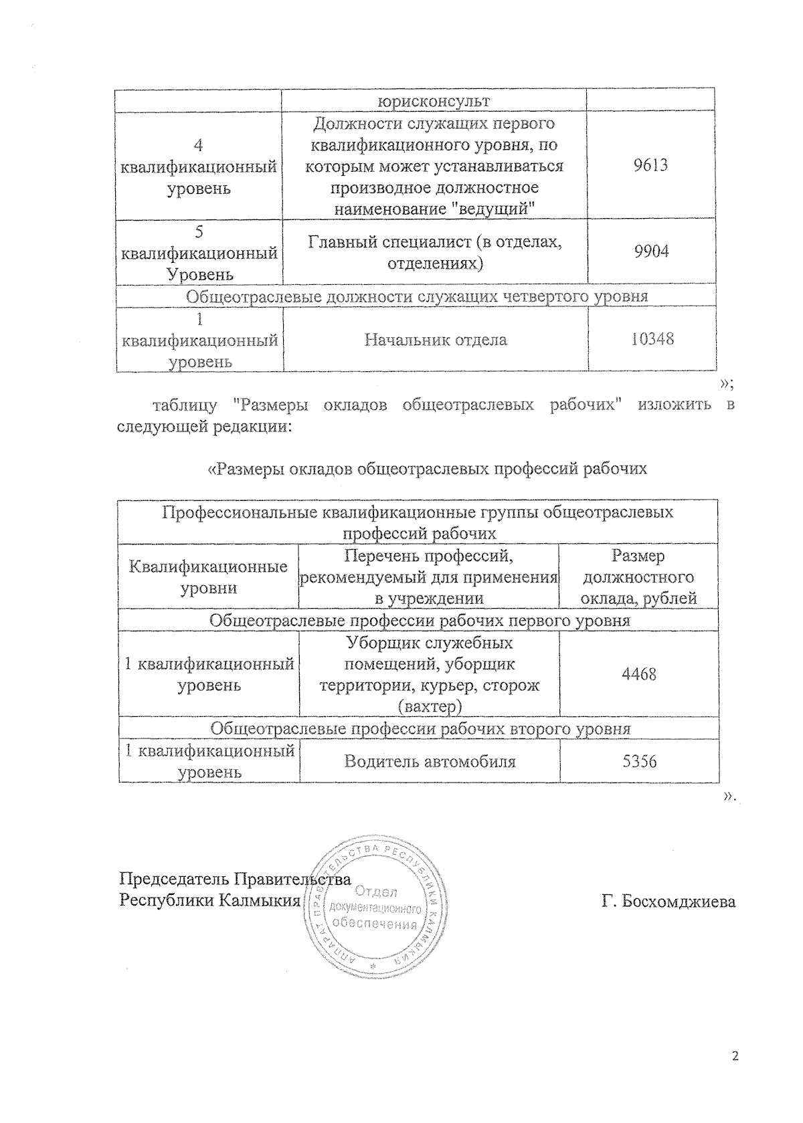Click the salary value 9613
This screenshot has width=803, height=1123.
pyautogui.click(x=650, y=165)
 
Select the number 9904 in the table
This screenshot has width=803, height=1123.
pyautogui.click(x=650, y=252)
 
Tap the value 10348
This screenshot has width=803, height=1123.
pyautogui.click(x=652, y=339)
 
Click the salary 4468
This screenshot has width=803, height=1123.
pyautogui.click(x=638, y=674)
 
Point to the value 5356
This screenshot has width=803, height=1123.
pyautogui.click(x=638, y=761)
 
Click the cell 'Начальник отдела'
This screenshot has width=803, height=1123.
pyautogui.click(x=435, y=340)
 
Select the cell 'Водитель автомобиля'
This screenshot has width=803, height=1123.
pyautogui.click(x=430, y=761)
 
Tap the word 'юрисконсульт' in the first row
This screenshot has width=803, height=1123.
pyautogui.click(x=434, y=101)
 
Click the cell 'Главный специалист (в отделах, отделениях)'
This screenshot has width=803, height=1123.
pyautogui.click(x=435, y=252)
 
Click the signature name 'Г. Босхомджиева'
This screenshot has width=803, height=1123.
pyautogui.click(x=668, y=901)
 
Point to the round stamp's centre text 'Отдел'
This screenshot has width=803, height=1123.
pyautogui.click(x=376, y=892)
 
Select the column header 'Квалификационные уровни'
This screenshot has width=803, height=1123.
pyautogui.click(x=209, y=577)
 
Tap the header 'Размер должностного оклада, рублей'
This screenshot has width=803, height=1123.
pyautogui.click(x=638, y=577)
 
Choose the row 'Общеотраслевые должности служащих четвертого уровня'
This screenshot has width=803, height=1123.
pyautogui.click(x=416, y=296)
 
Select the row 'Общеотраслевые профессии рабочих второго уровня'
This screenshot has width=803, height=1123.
pyautogui.click(x=420, y=728)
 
